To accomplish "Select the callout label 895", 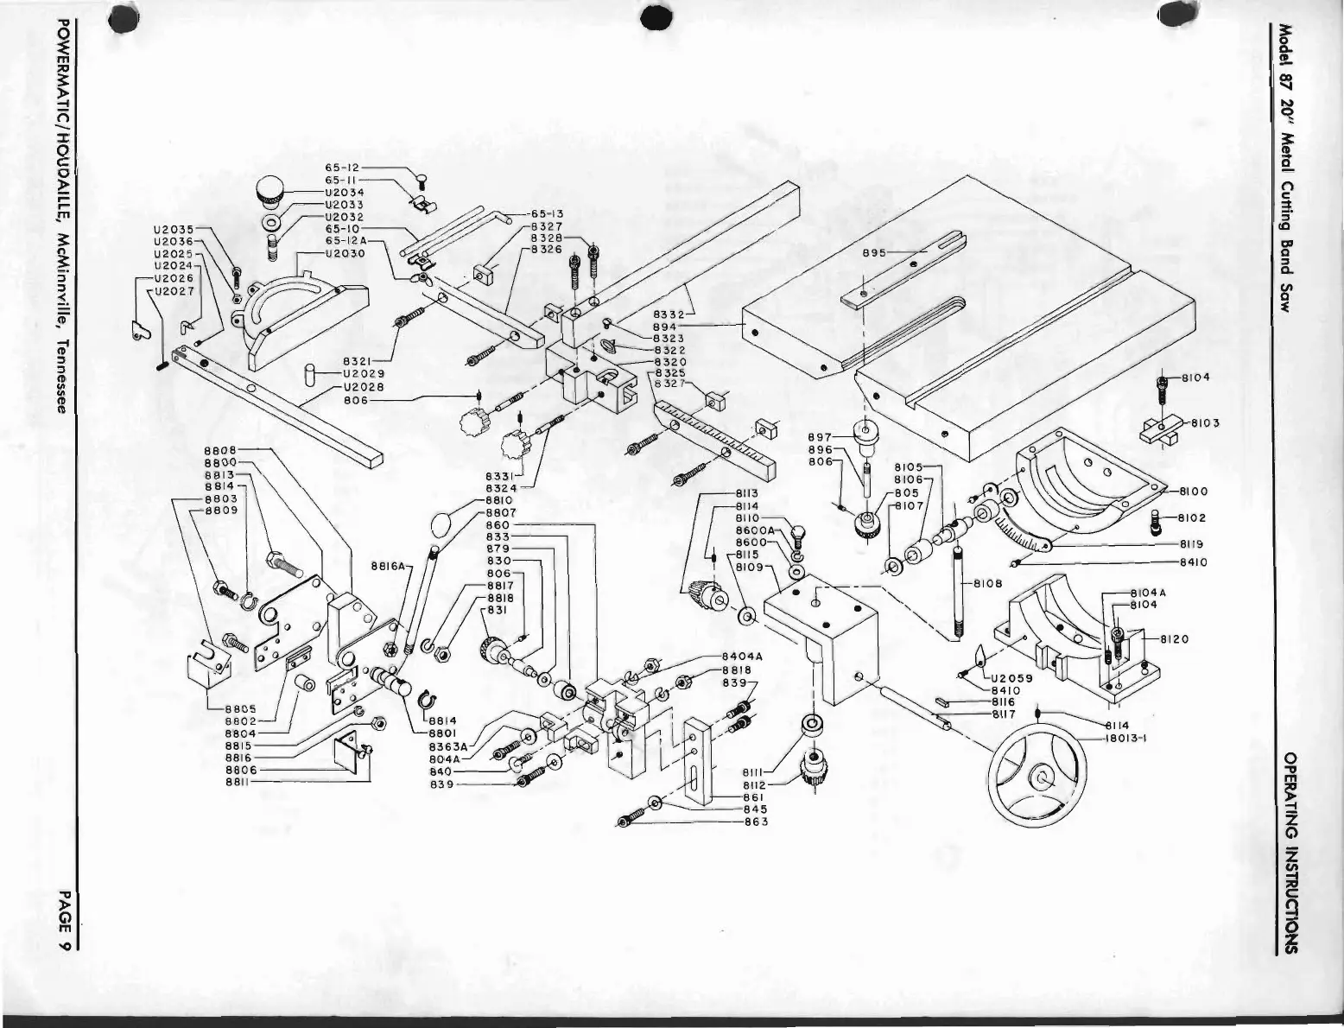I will tap(875, 252).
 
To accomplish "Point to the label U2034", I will tap(344, 192).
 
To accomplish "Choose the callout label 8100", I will tap(1193, 492).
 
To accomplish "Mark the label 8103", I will tap(1204, 423).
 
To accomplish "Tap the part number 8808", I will tap(220, 450).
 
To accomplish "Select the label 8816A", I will tap(386, 567).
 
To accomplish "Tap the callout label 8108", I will tap(987, 583).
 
